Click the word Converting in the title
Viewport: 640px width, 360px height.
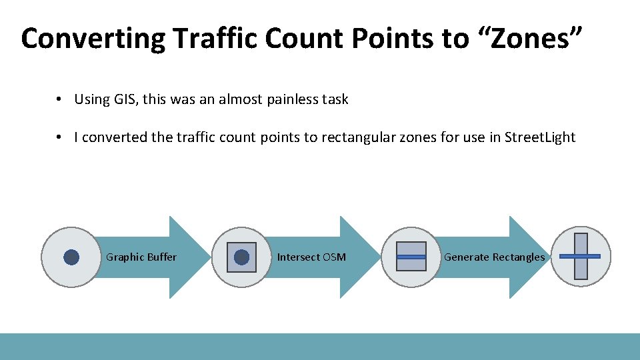tap(93, 39)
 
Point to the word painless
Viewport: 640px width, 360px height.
tap(292, 99)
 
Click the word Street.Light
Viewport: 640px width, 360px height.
tap(540, 138)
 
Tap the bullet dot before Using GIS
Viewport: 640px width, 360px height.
tap(59, 99)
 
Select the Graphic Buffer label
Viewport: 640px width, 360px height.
tap(141, 257)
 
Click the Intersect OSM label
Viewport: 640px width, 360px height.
tap(311, 257)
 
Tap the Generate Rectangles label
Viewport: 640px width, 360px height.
tap(494, 257)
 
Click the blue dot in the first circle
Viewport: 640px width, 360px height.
tap(71, 257)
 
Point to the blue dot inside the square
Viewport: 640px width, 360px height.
tap(241, 257)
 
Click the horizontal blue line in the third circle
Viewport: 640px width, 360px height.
tap(411, 257)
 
